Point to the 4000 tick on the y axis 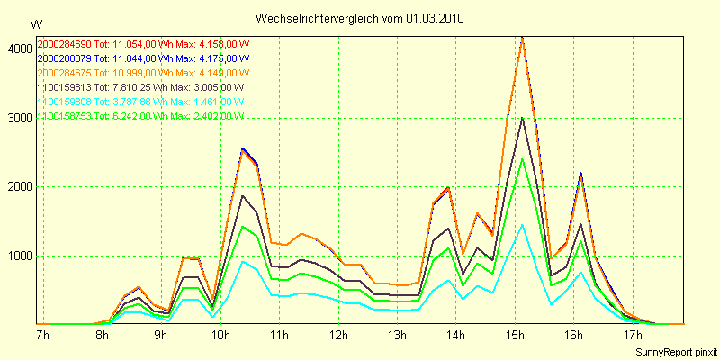click(19, 49)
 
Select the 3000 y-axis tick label click(19, 118)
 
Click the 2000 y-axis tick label click(19, 187)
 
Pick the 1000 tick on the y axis click(19, 256)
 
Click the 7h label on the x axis click(42, 336)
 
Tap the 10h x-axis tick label click(220, 336)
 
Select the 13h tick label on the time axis click(397, 336)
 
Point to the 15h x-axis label click(515, 336)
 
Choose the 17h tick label click(634, 336)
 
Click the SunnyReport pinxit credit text click(674, 351)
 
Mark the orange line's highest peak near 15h click(522, 38)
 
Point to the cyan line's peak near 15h click(522, 224)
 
